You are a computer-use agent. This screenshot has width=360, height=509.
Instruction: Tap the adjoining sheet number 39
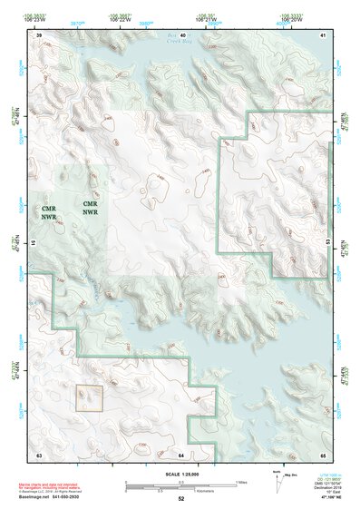pyautogui.click(x=39, y=34)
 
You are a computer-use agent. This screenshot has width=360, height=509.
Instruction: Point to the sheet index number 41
pyautogui.click(x=324, y=34)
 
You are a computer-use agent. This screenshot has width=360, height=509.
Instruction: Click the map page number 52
pyautogui.click(x=181, y=498)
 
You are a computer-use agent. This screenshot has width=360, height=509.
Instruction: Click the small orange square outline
pyautogui.click(x=89, y=396)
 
